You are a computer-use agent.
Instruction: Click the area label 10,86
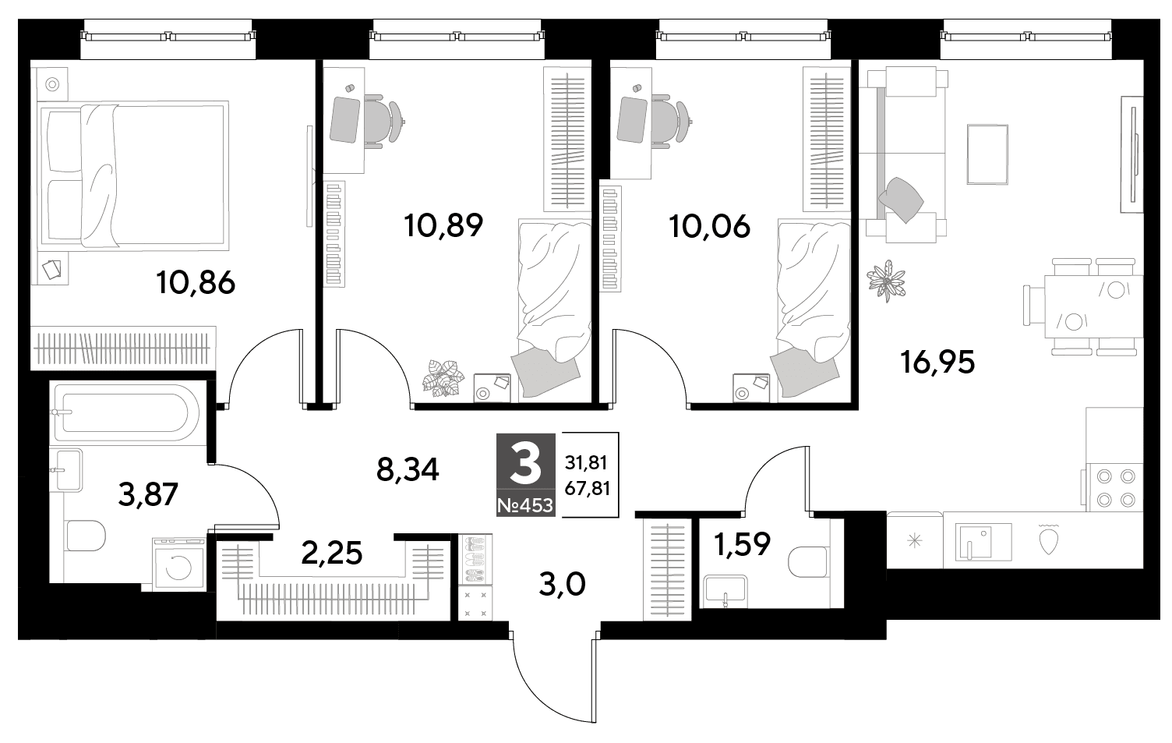pyautogui.click(x=196, y=284)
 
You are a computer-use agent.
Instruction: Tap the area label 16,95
pyautogui.click(x=937, y=363)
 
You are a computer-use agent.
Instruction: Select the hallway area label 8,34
pyautogui.click(x=408, y=469)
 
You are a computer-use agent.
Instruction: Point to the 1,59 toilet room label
pyautogui.click(x=742, y=544)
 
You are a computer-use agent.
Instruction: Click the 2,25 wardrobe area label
pyautogui.click(x=332, y=554)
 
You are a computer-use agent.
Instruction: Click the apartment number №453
pyautogui.click(x=525, y=505)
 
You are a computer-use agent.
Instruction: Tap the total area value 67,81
pyautogui.click(x=587, y=489)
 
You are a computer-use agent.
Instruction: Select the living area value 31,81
pyautogui.click(x=586, y=462)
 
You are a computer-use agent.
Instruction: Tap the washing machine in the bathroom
pyautogui.click(x=179, y=564)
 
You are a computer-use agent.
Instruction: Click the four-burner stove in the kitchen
pyautogui.click(x=1114, y=487)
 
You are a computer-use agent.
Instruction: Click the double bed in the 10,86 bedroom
pyautogui.click(x=134, y=176)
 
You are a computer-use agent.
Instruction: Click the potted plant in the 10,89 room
pyautogui.click(x=443, y=377)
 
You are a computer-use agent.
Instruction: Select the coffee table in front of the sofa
pyautogui.click(x=987, y=154)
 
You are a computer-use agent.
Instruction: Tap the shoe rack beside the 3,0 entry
pyautogui.click(x=475, y=559)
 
